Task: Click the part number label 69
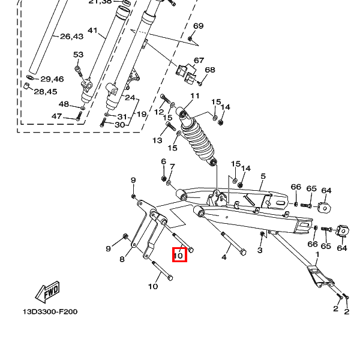[x=198, y=26]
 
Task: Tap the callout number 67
[x=199, y=61]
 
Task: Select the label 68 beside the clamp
[x=209, y=70]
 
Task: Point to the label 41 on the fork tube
[x=92, y=30]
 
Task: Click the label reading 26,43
[x=71, y=37]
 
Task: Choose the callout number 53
[x=78, y=55]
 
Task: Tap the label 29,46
[x=52, y=79]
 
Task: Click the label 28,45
[x=45, y=92]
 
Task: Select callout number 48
[x=64, y=104]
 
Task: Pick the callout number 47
[x=56, y=116]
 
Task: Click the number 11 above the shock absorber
[x=194, y=96]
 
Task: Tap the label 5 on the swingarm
[x=262, y=176]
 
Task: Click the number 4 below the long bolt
[x=224, y=257]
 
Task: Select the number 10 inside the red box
[x=179, y=255]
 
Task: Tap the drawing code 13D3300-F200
[x=50, y=312]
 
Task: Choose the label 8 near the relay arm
[x=122, y=259]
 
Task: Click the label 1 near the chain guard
[x=317, y=254]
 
